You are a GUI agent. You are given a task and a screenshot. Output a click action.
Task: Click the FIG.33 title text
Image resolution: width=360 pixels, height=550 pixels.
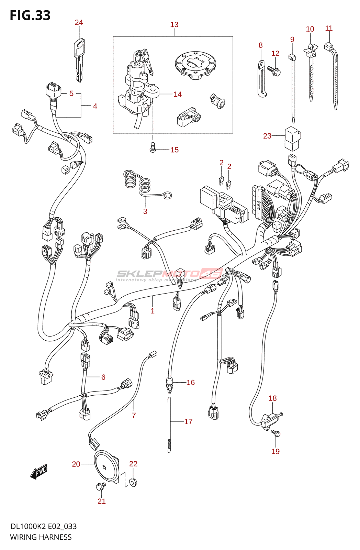pyautogui.click(x=30, y=15)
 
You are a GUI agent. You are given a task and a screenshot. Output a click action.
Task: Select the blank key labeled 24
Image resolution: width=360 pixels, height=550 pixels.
pyautogui.click(x=79, y=60)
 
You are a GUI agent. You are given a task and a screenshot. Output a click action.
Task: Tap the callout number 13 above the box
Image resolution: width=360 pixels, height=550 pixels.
pyautogui.click(x=174, y=25)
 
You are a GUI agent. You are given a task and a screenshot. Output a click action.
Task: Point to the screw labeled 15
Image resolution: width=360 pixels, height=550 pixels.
pyautogui.click(x=153, y=148)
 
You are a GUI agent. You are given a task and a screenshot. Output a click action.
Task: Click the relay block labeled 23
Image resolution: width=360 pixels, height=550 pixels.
pyautogui.click(x=292, y=138)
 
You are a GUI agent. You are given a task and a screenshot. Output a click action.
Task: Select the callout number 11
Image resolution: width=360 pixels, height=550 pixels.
pyautogui.click(x=329, y=28)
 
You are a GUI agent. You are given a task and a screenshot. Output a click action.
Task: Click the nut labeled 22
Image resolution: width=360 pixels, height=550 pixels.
pyautogui.click(x=133, y=482)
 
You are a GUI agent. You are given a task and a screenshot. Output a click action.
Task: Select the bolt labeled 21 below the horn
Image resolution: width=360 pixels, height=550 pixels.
pyautogui.click(x=101, y=486)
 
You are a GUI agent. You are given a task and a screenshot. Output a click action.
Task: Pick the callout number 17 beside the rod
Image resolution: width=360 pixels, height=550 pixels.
pyautogui.click(x=188, y=422)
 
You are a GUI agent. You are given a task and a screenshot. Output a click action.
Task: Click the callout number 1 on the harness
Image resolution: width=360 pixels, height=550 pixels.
pyautogui.click(x=153, y=311)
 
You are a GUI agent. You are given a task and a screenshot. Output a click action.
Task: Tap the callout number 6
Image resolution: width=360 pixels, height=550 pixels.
pyautogui.click(x=103, y=377)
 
